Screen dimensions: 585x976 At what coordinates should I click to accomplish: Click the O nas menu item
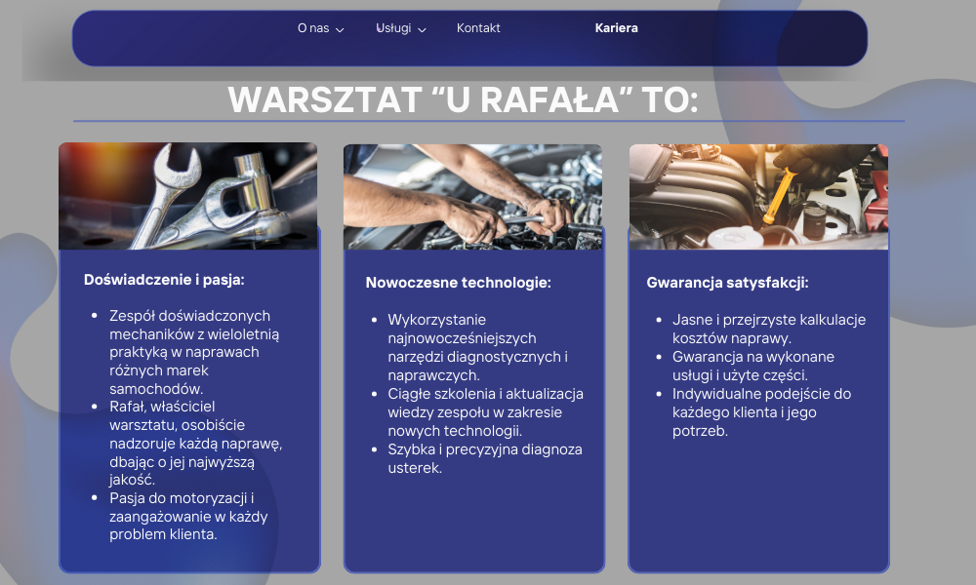(x=313, y=28)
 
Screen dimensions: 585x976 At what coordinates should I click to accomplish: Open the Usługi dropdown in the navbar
(x=393, y=28)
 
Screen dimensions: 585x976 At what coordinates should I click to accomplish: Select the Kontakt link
(x=478, y=28)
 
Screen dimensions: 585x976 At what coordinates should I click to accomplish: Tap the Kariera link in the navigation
(x=616, y=28)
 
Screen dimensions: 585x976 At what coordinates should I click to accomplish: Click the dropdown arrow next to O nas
(x=340, y=29)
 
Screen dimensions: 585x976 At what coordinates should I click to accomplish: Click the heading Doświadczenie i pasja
(x=164, y=279)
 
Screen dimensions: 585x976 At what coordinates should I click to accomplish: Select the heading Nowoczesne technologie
(x=458, y=283)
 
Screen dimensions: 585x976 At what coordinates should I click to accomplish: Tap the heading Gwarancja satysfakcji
(x=727, y=283)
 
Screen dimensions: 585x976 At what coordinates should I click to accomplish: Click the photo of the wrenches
(x=188, y=196)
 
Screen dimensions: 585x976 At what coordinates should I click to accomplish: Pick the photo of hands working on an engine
(x=472, y=196)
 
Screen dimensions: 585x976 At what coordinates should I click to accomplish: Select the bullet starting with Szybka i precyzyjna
(x=484, y=458)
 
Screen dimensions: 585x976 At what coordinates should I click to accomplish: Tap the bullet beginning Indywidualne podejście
(x=761, y=411)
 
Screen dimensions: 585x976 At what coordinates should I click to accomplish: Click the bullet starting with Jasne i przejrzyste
(x=768, y=329)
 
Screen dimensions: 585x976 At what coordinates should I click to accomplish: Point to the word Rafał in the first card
(x=128, y=407)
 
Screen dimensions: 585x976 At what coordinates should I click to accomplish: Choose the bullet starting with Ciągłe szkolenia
(x=485, y=411)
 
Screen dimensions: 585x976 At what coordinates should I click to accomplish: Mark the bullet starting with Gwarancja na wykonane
(x=752, y=366)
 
